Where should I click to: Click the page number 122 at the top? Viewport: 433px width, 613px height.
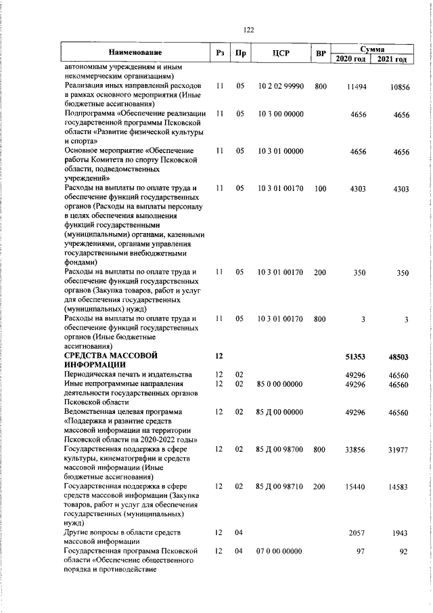248,29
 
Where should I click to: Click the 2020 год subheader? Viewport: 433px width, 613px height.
351,60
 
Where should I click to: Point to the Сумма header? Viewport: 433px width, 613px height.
372,49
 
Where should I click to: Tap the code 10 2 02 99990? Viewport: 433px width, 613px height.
281,87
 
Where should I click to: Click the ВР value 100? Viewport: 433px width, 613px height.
321,189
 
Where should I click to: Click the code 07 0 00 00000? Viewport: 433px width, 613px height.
280,553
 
